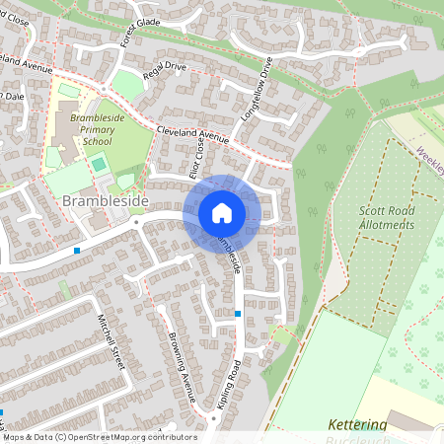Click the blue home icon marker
tap(222, 212)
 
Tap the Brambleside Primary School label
tap(98, 129)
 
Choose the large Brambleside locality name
tap(105, 200)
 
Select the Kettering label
tap(356, 424)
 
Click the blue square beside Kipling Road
tap(238, 314)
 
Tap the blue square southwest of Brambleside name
tap(77, 251)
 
